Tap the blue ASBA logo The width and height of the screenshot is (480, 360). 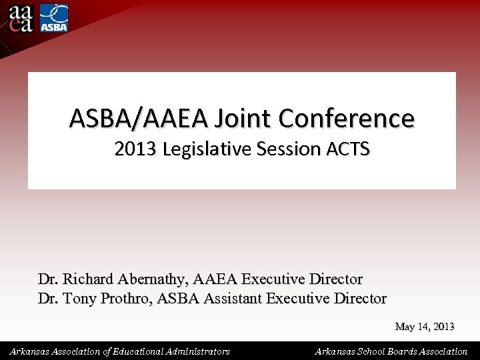[x=54, y=17]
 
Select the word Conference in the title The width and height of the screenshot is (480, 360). [x=347, y=119]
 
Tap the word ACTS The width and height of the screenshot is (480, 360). [x=348, y=149]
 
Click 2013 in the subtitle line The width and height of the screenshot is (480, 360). [x=133, y=149]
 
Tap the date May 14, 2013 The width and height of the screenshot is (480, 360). [x=425, y=327]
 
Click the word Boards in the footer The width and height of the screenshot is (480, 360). [x=407, y=351]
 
